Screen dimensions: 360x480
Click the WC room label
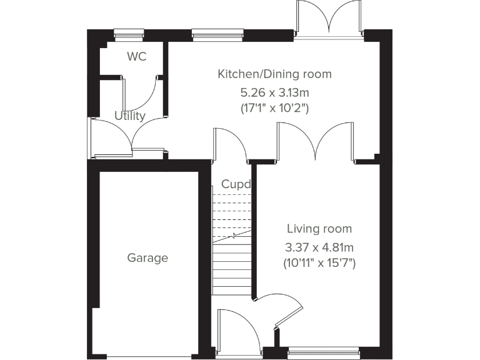coord(136,57)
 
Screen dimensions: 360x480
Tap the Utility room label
coord(130,116)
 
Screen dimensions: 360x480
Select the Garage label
coord(147,257)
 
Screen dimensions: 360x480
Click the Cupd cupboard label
coord(236,184)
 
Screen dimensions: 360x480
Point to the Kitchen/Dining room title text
coord(274,74)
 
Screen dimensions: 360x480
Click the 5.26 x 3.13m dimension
coord(275,92)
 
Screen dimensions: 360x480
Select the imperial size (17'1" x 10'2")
coord(275,107)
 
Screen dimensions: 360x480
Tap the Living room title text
coord(319,229)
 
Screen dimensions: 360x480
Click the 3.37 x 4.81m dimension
coord(320,246)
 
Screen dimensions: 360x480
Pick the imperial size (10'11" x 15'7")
coord(320,263)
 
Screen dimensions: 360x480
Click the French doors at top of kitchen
coord(329,19)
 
